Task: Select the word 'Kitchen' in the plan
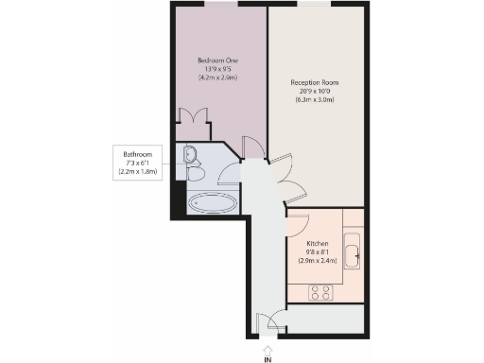pos(317,243)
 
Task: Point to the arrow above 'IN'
pos(268,348)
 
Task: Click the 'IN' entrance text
pos(268,359)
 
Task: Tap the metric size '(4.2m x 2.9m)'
pos(218,78)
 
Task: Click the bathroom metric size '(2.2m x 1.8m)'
pos(137,172)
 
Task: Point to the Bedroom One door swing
pos(252,147)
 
